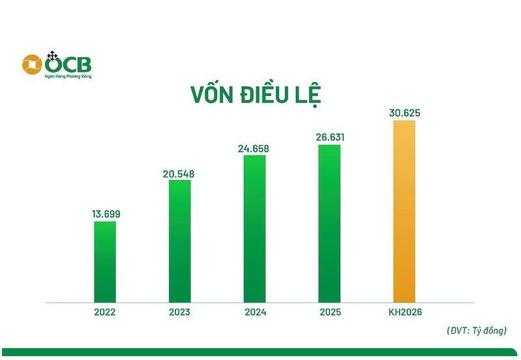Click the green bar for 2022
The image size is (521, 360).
click(105, 262)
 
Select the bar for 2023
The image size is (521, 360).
click(180, 241)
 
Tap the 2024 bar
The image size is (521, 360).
click(255, 229)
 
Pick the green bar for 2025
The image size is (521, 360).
click(329, 224)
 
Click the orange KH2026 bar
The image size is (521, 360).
click(404, 211)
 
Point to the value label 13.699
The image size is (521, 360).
click(105, 213)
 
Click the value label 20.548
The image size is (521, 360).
click(180, 173)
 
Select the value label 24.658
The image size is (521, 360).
click(255, 149)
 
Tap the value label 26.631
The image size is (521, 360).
click(330, 137)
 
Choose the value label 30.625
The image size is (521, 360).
click(404, 113)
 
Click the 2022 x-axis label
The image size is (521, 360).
click(105, 312)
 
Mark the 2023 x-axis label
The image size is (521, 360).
click(179, 312)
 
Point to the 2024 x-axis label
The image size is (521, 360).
click(254, 312)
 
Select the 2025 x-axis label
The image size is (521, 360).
click(329, 312)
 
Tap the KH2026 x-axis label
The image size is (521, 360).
click(404, 312)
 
